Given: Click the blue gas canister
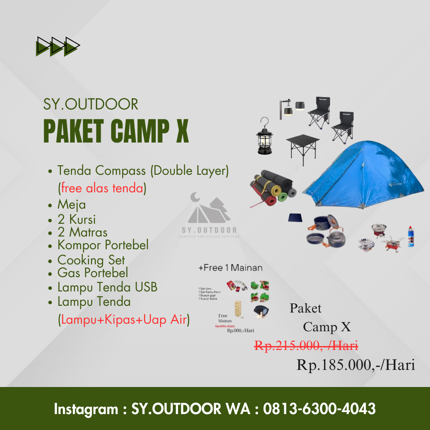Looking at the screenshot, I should pos(410,237).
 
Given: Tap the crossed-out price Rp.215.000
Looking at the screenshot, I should pos(306,346).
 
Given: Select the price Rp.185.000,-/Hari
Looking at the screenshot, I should pos(356,365).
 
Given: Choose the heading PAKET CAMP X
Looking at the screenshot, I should pos(116,131).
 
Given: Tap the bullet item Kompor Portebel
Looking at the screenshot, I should pos(103,245).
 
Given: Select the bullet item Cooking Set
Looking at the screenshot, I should pos(91,260).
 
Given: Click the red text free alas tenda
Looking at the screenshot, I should pos(102,188).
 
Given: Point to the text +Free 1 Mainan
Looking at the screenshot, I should pos(231,268).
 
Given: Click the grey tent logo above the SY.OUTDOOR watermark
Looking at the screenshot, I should pos(209,209).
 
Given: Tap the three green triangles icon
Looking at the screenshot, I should pos(58,46).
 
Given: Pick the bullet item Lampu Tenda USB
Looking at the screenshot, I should pos(107,287).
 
